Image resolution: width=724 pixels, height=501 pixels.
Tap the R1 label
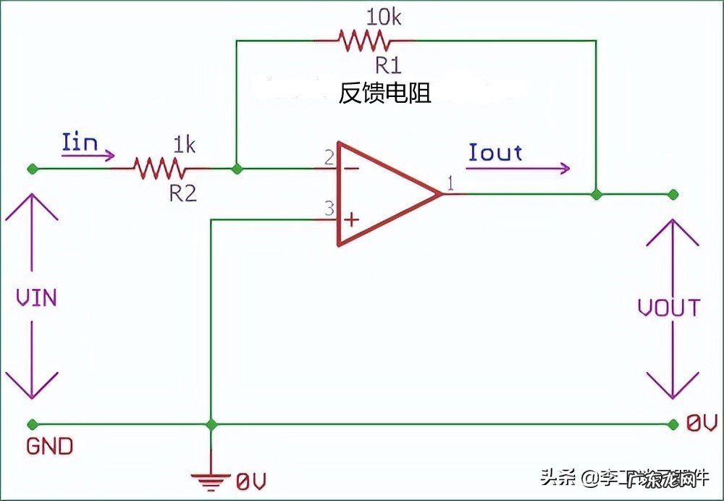[x=388, y=66]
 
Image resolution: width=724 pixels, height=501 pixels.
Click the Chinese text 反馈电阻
[x=385, y=93]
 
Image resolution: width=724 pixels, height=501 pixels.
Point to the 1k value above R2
[x=184, y=145]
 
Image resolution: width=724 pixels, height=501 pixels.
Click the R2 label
[x=183, y=193]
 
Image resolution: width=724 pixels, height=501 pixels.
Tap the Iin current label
[x=80, y=142]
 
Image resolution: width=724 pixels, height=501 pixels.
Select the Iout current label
[x=495, y=152]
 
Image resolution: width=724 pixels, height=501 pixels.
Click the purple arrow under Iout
[x=518, y=169]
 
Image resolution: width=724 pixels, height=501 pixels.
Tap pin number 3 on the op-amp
[x=329, y=209]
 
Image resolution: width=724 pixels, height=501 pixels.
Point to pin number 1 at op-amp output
[x=450, y=184]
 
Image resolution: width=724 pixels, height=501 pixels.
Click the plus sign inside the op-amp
[x=351, y=219]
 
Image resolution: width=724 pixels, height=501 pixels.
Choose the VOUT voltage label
[x=669, y=308]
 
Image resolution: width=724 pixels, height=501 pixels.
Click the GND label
[x=49, y=446]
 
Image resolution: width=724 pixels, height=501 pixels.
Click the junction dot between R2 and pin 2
[x=237, y=169]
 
